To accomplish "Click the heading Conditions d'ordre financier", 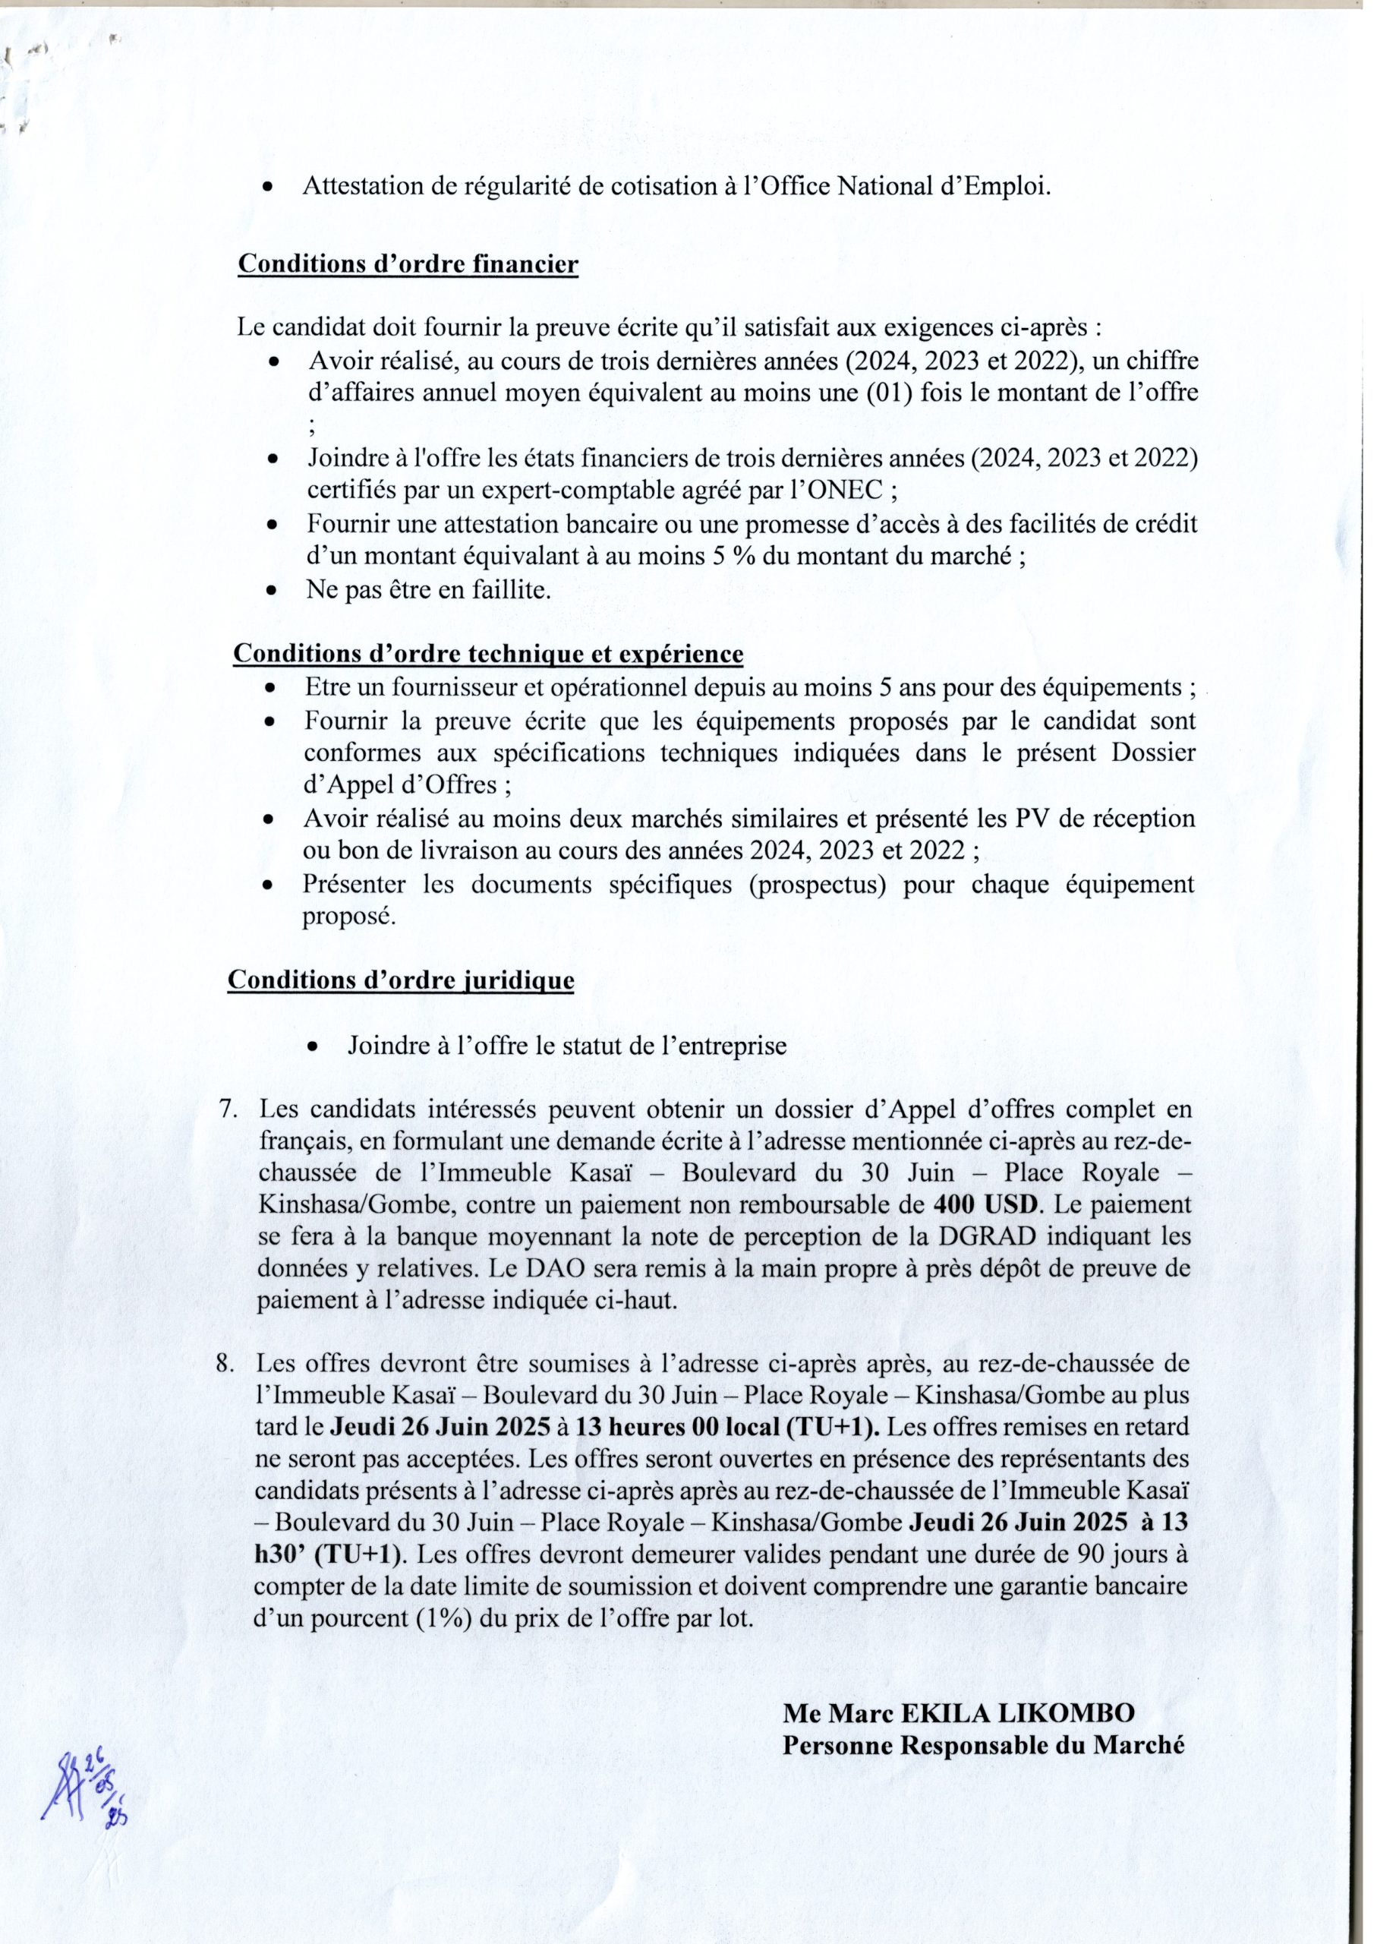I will pos(408,264).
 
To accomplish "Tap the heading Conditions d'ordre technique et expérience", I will pos(487,654).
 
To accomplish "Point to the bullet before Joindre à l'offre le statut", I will pos(314,1047).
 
